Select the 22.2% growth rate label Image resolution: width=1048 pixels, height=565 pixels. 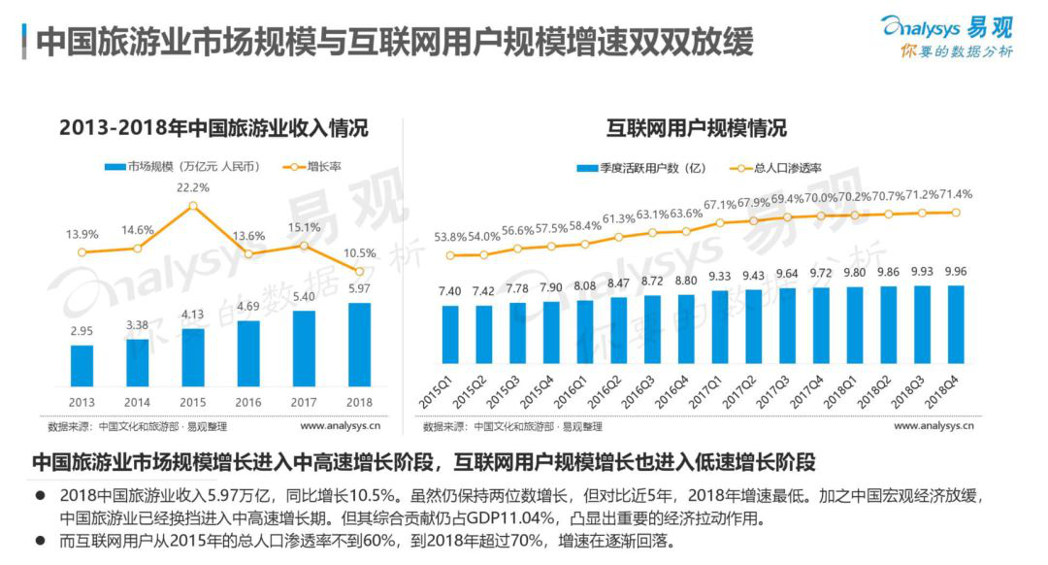193,187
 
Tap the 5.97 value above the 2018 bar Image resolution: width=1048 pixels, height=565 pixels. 359,288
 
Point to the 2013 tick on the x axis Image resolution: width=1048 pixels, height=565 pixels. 82,401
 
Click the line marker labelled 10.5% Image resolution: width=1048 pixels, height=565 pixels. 359,272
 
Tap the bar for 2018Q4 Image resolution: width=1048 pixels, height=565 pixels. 955,336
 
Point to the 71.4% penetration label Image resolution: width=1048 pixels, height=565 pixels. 955,194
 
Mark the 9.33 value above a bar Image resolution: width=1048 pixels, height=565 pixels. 719,277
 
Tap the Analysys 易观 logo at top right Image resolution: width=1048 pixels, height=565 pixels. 947,37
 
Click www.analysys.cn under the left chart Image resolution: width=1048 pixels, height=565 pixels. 340,425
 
